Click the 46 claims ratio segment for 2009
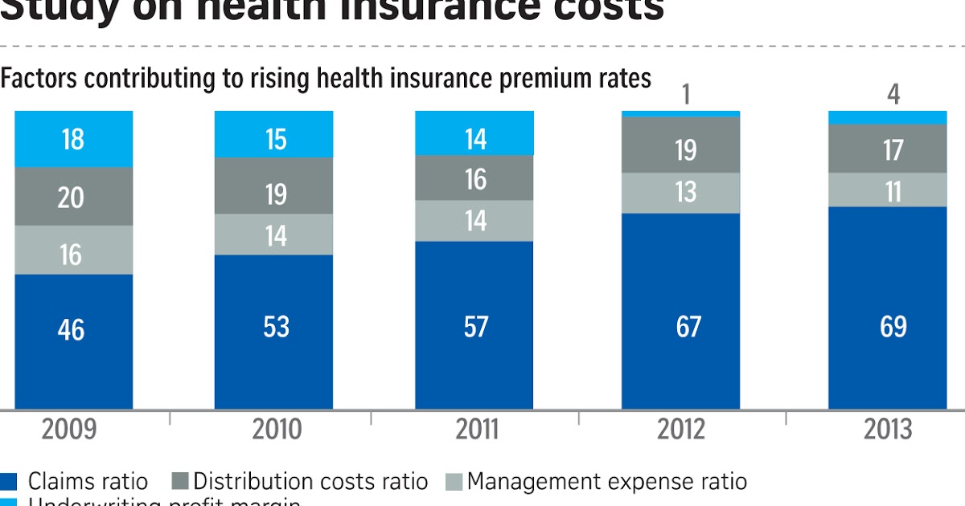pyautogui.click(x=73, y=341)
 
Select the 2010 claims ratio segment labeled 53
pyautogui.click(x=273, y=332)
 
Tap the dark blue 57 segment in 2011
pyautogui.click(x=474, y=325)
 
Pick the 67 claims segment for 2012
pyautogui.click(x=680, y=312)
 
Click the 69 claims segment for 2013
pyautogui.click(x=888, y=308)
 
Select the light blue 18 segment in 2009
pyautogui.click(x=73, y=139)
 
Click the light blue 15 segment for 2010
pyautogui.click(x=273, y=134)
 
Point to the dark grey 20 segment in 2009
pyautogui.click(x=73, y=196)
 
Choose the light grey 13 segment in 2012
pyautogui.click(x=680, y=193)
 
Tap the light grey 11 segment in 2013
pyautogui.click(x=888, y=190)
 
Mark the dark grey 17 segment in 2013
pyautogui.click(x=888, y=149)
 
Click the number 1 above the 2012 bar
pyautogui.click(x=686, y=96)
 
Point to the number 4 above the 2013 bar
pyautogui.click(x=893, y=96)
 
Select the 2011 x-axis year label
pyautogui.click(x=477, y=430)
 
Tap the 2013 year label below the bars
pyautogui.click(x=888, y=430)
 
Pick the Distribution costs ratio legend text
pyautogui.click(x=310, y=482)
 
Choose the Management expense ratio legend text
pyautogui.click(x=607, y=482)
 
